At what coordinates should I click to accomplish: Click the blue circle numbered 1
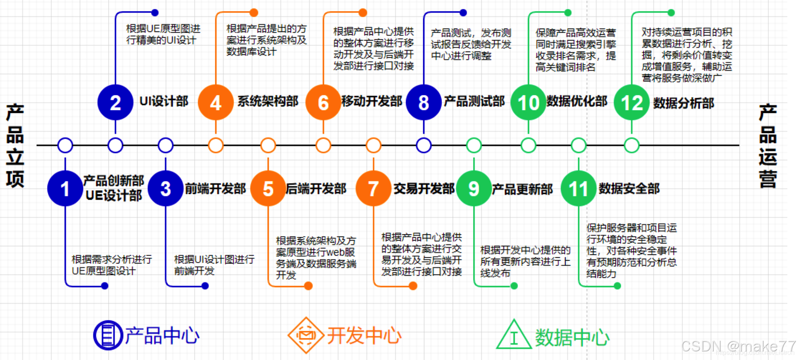[x=65, y=189]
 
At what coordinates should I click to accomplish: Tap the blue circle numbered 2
[x=115, y=102]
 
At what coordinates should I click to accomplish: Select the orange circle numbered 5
[x=268, y=189]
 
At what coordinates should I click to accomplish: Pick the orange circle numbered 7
[x=373, y=189]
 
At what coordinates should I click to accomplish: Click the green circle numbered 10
[x=528, y=102]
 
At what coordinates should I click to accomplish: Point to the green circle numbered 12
[x=631, y=102]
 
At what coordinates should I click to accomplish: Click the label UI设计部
[x=164, y=101]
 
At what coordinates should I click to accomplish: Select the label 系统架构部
[x=268, y=101]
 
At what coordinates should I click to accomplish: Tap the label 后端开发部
[x=316, y=189]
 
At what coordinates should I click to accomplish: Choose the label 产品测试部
[x=474, y=101]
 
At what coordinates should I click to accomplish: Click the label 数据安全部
[x=629, y=189]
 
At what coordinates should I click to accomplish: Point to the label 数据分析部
[x=683, y=103]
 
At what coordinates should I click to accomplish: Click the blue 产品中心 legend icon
[x=108, y=335]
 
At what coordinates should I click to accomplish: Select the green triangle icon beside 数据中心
[x=514, y=335]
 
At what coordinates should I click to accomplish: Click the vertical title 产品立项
[x=15, y=145]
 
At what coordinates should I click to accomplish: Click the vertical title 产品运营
[x=767, y=145]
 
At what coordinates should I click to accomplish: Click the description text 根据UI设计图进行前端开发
[x=214, y=265]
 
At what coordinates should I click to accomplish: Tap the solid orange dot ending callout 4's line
[x=254, y=13]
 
